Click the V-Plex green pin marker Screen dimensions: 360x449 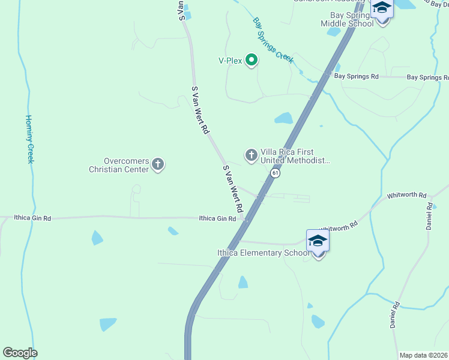[252, 60]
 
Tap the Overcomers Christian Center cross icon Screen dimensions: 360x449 [158, 163]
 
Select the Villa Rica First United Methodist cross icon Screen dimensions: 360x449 [251, 155]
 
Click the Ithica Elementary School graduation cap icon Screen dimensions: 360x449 [318, 241]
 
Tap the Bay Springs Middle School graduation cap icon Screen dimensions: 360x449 [382, 8]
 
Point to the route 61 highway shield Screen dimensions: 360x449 [275, 173]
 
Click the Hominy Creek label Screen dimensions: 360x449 [29, 139]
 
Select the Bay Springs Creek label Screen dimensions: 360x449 [273, 40]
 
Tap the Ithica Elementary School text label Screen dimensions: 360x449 [264, 253]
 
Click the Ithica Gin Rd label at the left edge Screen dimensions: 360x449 [32, 218]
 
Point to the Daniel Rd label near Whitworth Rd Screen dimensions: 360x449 [429, 216]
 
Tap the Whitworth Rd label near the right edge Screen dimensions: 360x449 [406, 196]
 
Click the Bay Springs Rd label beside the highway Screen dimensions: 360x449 [357, 77]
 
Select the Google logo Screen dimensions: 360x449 [20, 353]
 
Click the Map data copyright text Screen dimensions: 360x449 [423, 355]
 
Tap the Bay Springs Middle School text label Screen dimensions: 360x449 [347, 19]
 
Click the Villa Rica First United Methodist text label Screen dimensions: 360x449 [295, 157]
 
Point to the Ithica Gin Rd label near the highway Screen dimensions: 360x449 [217, 220]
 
